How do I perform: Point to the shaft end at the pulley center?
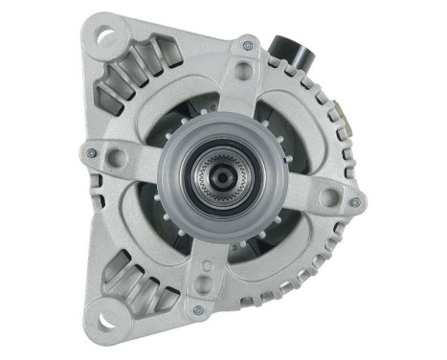click(222, 178)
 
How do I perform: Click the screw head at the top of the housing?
click(248, 45)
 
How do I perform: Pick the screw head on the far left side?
click(92, 151)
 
